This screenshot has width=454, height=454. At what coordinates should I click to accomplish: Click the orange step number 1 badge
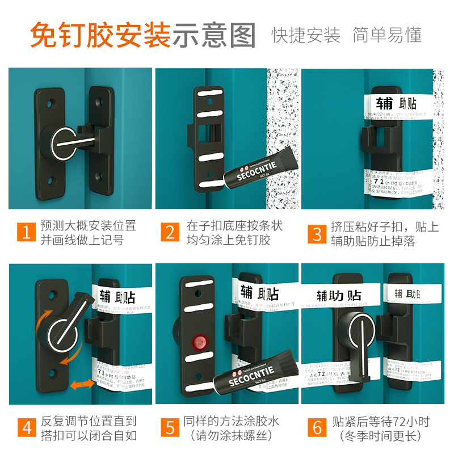tap(24, 233)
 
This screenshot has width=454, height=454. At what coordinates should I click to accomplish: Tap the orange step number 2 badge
tap(170, 233)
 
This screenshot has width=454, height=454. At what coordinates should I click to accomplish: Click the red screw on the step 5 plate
tap(198, 342)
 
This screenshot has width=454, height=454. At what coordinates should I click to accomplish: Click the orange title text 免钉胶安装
tap(100, 35)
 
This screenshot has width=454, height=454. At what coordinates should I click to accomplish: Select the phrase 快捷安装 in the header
tap(306, 35)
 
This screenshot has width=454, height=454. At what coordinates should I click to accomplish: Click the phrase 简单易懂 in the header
tap(387, 35)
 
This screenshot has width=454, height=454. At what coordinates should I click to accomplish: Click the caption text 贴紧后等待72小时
tap(381, 422)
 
